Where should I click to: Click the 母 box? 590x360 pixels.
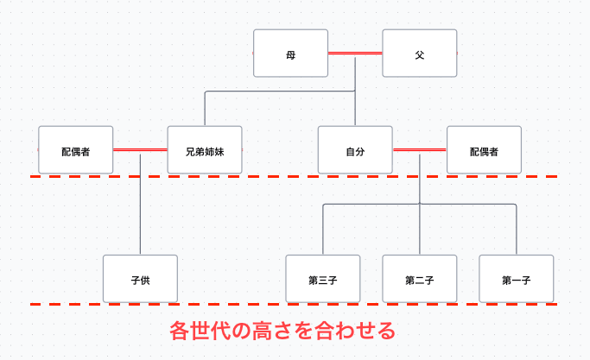290,54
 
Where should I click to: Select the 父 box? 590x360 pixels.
419,54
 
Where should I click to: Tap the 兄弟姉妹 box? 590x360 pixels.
204,150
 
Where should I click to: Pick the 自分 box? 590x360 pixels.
355,150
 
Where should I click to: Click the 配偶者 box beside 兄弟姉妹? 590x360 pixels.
76,150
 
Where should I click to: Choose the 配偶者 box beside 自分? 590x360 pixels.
484,150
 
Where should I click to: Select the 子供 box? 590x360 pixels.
140,279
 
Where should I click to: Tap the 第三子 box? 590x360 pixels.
322,279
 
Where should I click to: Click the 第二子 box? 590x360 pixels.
419,279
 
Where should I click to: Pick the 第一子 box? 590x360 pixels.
516,279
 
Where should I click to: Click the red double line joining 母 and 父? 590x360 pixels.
355,54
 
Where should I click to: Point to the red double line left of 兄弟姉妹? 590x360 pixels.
140,149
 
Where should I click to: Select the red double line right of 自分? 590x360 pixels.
420,149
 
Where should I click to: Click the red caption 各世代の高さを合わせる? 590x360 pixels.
283,331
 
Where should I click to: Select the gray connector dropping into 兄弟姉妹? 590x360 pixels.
205,108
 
